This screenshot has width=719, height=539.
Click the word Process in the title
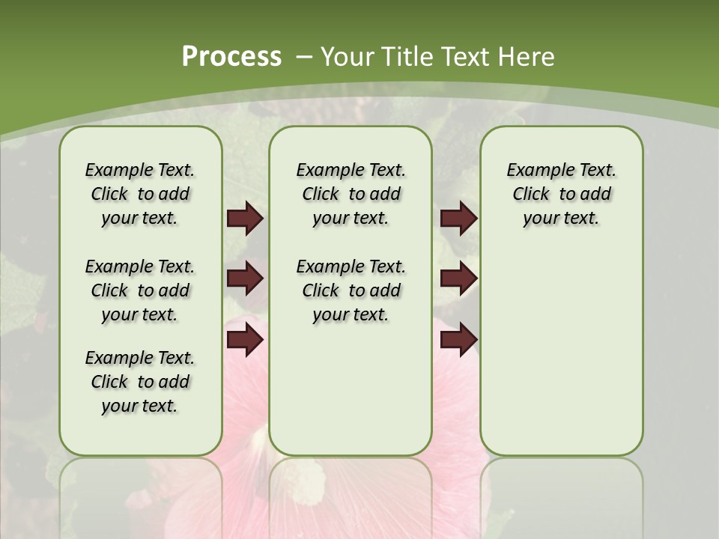[231, 56]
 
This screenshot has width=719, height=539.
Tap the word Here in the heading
[528, 57]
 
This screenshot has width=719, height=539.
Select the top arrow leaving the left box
[245, 219]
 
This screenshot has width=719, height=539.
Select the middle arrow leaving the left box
[245, 279]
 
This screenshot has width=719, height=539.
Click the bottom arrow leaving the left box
[245, 341]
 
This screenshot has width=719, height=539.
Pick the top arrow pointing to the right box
[458, 219]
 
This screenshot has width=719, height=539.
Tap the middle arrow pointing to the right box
[458, 279]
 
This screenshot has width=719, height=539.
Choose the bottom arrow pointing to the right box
[458, 341]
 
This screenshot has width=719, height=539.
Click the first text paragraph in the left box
[140, 194]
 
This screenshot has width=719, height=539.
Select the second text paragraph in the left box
[140, 290]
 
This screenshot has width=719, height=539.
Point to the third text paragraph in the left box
[140, 382]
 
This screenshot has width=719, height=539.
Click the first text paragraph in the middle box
[351, 194]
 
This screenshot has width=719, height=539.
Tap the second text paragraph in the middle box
[351, 290]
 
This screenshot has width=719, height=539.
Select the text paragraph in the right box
[561, 194]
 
